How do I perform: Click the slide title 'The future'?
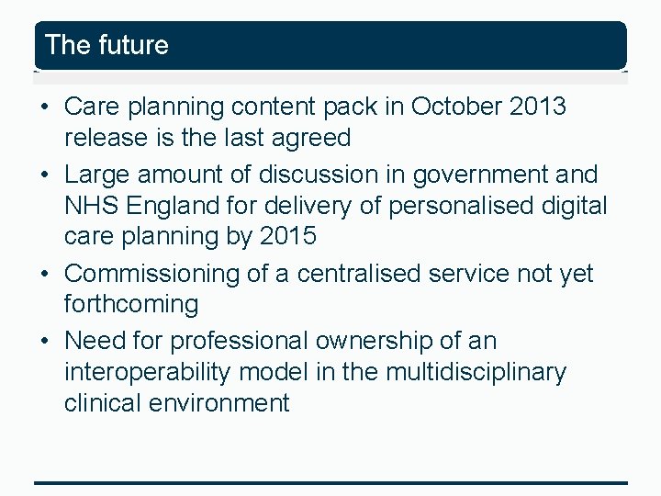pyautogui.click(x=106, y=45)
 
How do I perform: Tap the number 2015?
pyautogui.click(x=288, y=236)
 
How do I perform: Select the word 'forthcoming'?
pyautogui.click(x=131, y=304)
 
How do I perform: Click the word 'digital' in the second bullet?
pyautogui.click(x=575, y=206)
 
